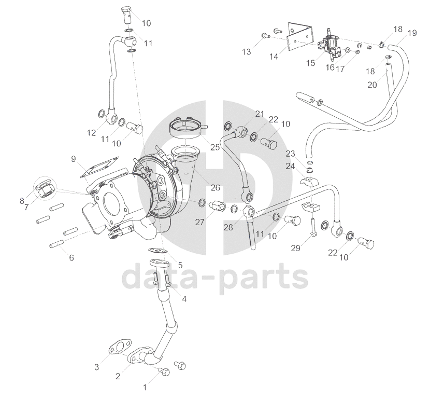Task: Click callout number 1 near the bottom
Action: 145,387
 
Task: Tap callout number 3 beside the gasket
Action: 96,367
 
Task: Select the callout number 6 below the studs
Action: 71,257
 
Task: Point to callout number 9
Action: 74,158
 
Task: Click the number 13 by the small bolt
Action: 247,51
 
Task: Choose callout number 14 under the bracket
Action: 274,57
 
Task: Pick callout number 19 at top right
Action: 412,33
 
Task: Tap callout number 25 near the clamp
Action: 214,147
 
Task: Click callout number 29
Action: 295,249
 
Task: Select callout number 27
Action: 200,222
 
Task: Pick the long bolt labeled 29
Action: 313,228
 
